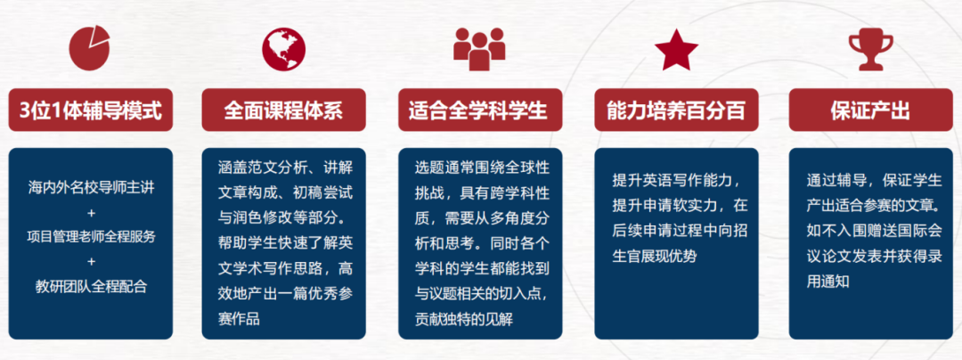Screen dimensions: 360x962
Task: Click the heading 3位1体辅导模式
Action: coord(91,110)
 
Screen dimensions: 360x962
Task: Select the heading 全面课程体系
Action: coord(283,110)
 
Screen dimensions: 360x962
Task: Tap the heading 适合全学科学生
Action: coord(478,110)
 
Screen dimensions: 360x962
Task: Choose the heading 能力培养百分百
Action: coord(676,110)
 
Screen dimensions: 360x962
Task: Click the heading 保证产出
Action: coord(869,110)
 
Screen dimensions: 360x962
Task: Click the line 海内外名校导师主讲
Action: coord(91,189)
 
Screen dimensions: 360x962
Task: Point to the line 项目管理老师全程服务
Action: coord(91,237)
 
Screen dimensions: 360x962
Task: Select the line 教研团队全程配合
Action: coord(91,286)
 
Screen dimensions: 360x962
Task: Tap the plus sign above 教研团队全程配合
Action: coord(91,262)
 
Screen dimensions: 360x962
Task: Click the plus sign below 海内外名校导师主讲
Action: coord(91,213)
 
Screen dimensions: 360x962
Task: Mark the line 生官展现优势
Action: coord(655,257)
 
